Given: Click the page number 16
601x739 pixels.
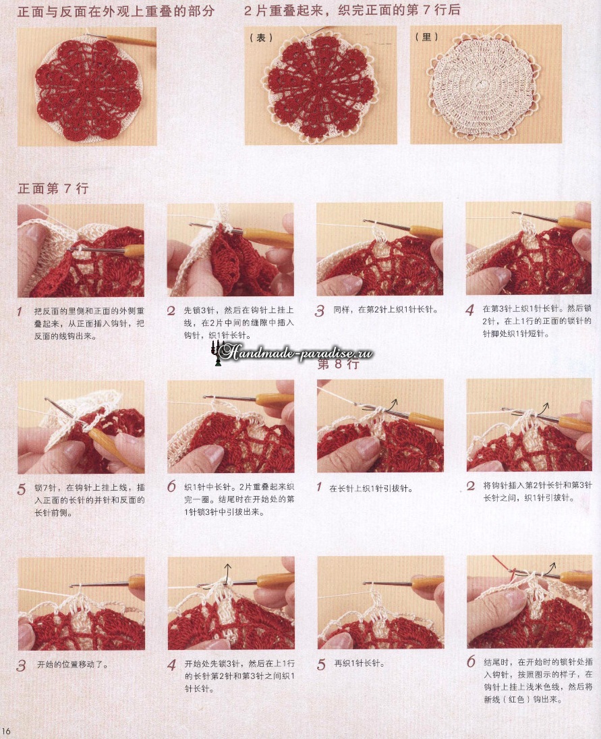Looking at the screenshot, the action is coord(6,731).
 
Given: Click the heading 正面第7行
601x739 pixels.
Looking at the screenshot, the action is coord(53,188).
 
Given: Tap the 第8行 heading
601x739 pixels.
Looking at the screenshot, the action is coord(338,364).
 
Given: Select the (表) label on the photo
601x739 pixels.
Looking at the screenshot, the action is coord(261,37).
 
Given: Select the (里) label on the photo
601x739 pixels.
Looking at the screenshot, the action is coord(427,36).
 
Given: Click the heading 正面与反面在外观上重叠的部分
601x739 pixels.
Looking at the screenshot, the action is coord(116,11).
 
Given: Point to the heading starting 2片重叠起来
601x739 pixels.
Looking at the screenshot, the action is coord(352,10).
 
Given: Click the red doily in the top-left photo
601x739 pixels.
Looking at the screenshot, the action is coord(88,89).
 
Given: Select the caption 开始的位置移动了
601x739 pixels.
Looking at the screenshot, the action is coord(73,665).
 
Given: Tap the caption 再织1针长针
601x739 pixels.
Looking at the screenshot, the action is coord(360,663).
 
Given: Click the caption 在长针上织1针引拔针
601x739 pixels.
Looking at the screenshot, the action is coord(371,488).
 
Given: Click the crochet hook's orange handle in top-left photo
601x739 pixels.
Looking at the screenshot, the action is coord(131,41).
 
